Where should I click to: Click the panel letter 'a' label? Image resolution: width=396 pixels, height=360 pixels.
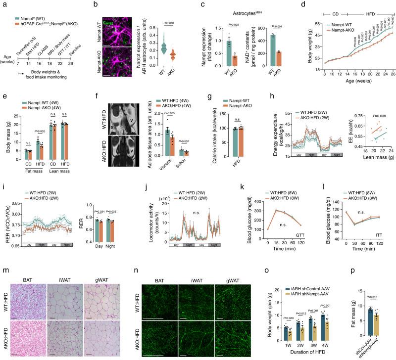pyautogui.click(x=2, y=4)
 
